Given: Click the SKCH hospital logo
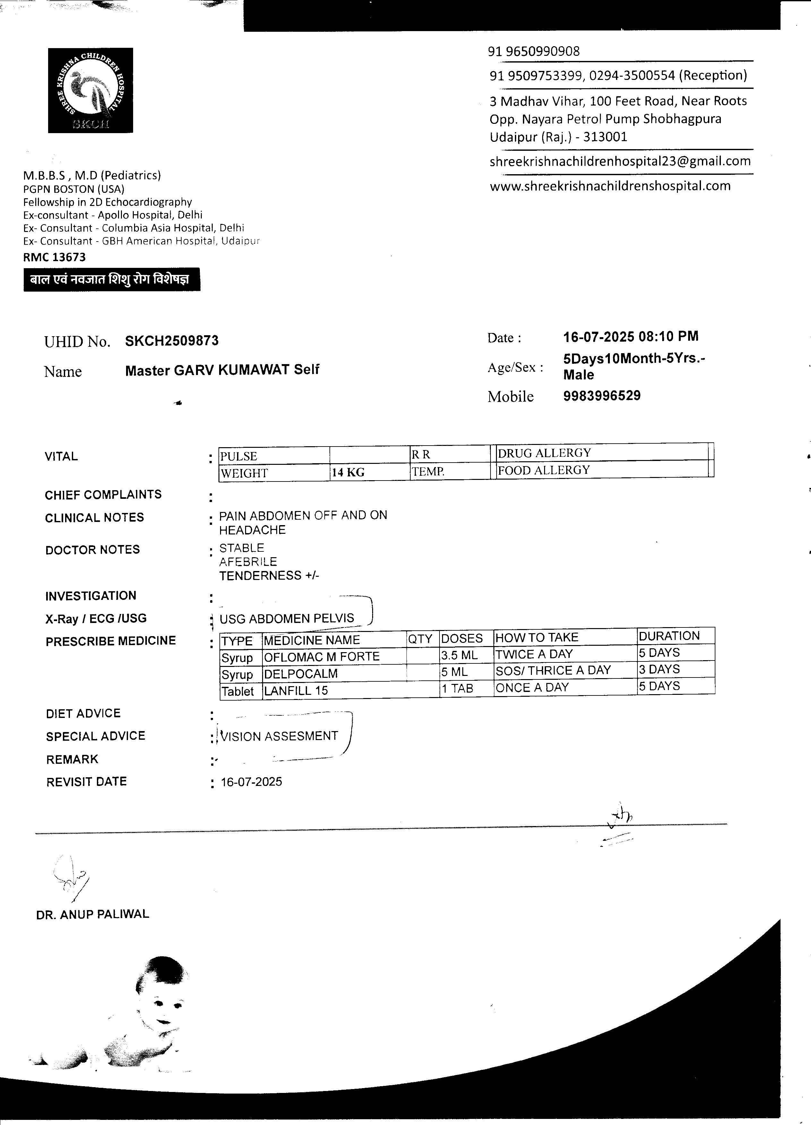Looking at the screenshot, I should click(90, 90).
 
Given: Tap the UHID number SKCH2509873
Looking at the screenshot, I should click(172, 341).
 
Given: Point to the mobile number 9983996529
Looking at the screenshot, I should click(602, 396).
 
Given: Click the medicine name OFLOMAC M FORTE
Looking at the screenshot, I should click(321, 657).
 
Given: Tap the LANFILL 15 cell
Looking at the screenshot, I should click(296, 690).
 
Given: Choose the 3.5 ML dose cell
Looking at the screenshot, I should click(459, 655).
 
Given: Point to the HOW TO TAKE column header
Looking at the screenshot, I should click(537, 637).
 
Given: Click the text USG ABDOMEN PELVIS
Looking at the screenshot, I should click(287, 618).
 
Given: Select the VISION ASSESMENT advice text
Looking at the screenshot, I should click(279, 736).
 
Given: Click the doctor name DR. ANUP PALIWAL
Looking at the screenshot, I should click(93, 914).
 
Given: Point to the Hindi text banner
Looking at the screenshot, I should click(112, 280).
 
